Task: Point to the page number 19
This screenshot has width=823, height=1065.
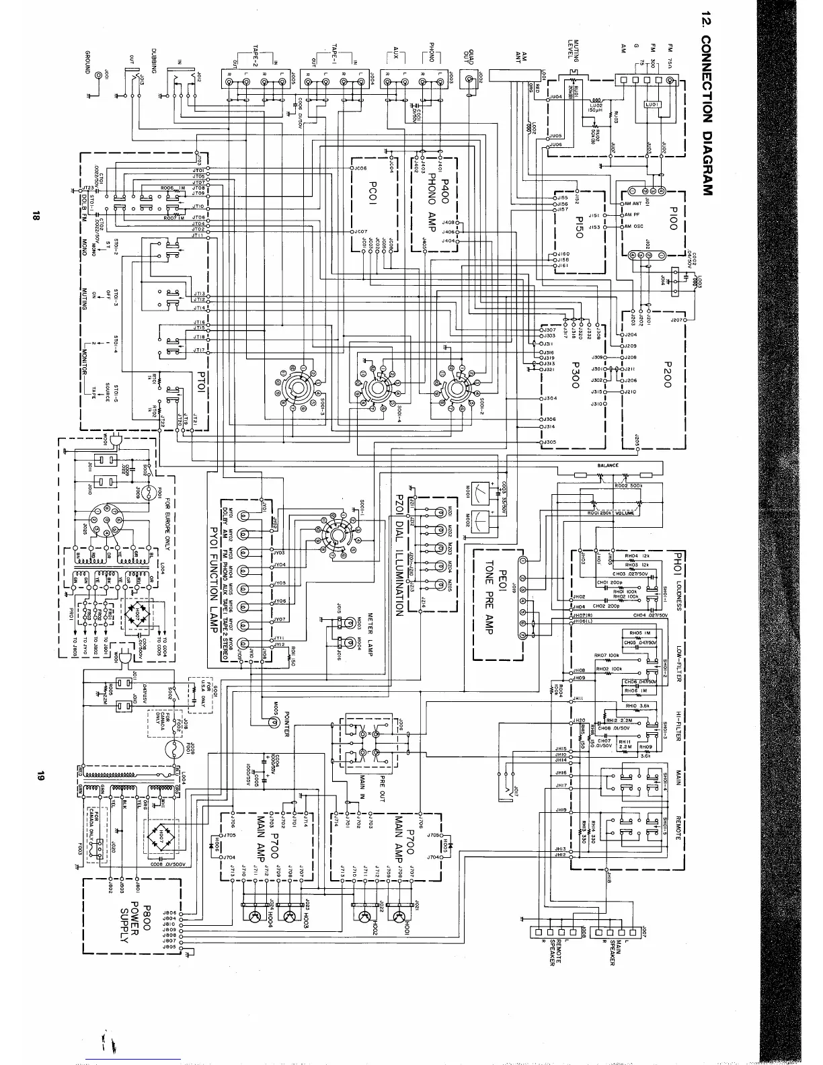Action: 39,775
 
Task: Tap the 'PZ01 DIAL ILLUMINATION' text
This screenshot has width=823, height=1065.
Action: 397,555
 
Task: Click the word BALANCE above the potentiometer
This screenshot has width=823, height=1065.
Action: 608,465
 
